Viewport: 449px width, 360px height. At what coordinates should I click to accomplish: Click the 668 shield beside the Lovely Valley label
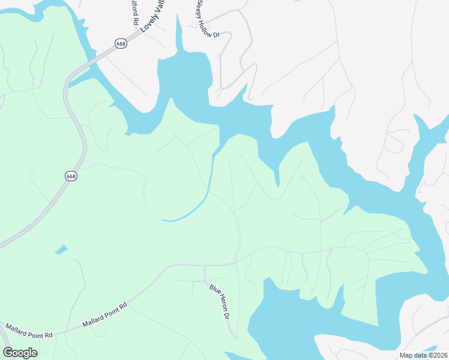tap(121, 45)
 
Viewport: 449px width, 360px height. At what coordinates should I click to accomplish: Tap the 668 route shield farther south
tap(71, 176)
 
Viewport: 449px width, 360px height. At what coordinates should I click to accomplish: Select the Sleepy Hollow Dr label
tap(208, 19)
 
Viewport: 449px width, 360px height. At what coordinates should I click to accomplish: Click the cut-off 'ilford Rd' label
tap(134, 12)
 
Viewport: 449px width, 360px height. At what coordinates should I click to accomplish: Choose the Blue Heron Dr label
tap(220, 302)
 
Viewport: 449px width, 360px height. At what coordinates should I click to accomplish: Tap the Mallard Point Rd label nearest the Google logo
tap(29, 331)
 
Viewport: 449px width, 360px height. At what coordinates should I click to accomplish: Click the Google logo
tap(20, 352)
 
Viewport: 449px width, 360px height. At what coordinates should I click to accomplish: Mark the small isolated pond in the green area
tap(61, 249)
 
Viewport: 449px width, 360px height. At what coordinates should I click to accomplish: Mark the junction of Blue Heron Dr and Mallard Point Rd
tap(205, 265)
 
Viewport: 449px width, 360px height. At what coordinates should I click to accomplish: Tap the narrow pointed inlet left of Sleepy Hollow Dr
tap(178, 36)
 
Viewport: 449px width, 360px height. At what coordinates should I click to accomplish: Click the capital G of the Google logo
tap(8, 352)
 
